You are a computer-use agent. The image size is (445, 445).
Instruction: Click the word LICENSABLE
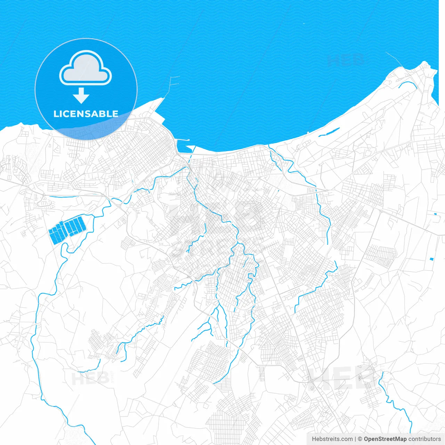86,114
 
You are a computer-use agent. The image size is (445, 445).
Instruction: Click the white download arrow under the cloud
81,96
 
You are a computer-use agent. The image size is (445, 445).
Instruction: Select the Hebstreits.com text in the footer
332,439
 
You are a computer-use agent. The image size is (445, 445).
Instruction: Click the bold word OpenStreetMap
385,439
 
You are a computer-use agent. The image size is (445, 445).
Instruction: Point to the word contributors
424,439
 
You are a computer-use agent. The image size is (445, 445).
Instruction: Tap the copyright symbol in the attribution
360,439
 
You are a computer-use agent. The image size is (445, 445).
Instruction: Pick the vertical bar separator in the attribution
355,439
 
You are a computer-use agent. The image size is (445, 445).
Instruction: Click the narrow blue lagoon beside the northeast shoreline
329,132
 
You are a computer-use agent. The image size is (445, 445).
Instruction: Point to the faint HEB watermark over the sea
346,60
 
